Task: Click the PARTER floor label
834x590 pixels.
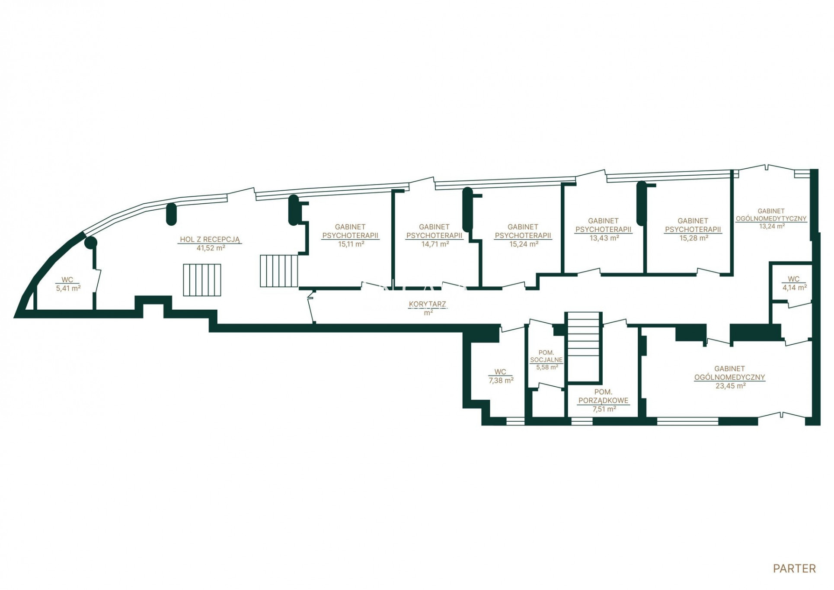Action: [x=794, y=568]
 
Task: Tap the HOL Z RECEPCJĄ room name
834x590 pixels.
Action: [x=210, y=239]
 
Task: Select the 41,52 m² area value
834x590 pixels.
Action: [x=211, y=248]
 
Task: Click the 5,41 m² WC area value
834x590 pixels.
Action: [x=68, y=288]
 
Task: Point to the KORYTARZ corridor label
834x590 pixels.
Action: [x=427, y=304]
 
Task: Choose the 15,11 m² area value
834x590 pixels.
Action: [x=351, y=244]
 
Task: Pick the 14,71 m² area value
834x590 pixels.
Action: [x=435, y=244]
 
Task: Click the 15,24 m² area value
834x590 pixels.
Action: [x=524, y=244]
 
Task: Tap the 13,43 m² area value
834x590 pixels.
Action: [x=604, y=238]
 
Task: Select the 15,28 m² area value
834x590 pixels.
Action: [x=693, y=238]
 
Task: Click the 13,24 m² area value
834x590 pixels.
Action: [x=772, y=226]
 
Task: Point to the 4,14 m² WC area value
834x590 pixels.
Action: [x=794, y=288]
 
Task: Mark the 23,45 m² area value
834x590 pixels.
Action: [x=730, y=386]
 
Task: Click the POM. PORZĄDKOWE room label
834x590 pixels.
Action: [x=603, y=396]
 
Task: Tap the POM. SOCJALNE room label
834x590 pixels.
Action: [x=546, y=356]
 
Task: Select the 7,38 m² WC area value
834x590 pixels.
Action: [x=501, y=381]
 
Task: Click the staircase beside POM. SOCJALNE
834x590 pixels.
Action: [x=584, y=347]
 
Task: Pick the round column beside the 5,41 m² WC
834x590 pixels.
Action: [x=90, y=242]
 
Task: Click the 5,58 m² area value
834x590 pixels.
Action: [x=547, y=367]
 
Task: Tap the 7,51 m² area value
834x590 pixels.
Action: [x=604, y=409]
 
